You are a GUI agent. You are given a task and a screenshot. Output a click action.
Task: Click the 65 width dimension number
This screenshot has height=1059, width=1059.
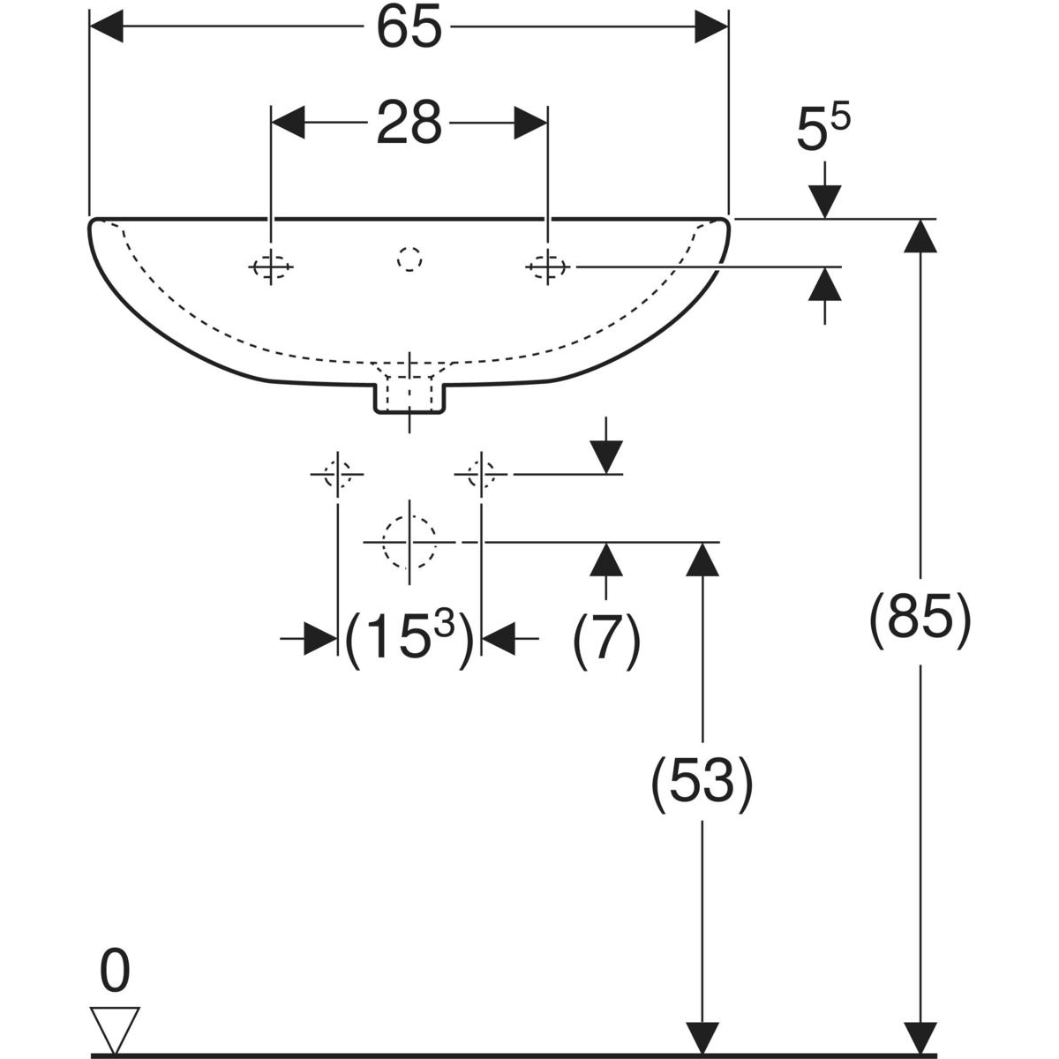pyautogui.click(x=409, y=29)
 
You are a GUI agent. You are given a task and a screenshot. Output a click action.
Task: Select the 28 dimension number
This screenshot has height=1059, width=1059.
pyautogui.click(x=409, y=124)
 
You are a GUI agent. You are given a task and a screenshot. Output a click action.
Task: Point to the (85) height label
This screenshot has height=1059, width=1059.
pyautogui.click(x=920, y=620)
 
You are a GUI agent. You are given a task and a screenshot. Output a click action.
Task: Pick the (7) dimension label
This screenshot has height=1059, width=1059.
pyautogui.click(x=606, y=637)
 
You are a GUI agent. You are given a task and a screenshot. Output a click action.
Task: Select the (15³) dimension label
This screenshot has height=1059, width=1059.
pyautogui.click(x=409, y=637)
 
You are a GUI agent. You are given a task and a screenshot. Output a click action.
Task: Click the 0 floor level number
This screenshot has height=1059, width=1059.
pyautogui.click(x=115, y=973)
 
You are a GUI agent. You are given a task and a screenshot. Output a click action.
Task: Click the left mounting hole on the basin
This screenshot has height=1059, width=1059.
pyautogui.click(x=272, y=266)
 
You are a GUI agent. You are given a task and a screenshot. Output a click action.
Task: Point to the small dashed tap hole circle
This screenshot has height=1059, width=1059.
pyautogui.click(x=409, y=259)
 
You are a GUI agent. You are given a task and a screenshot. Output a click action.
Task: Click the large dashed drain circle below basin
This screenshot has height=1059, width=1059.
pyautogui.click(x=409, y=541)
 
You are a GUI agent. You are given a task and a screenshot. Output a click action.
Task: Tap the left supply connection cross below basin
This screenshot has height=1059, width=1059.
pyautogui.click(x=337, y=474)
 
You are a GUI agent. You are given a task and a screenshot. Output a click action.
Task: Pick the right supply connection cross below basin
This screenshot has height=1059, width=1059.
pyautogui.click(x=481, y=474)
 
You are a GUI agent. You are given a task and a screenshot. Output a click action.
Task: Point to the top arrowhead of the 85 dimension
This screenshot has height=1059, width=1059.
pyautogui.click(x=920, y=236)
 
